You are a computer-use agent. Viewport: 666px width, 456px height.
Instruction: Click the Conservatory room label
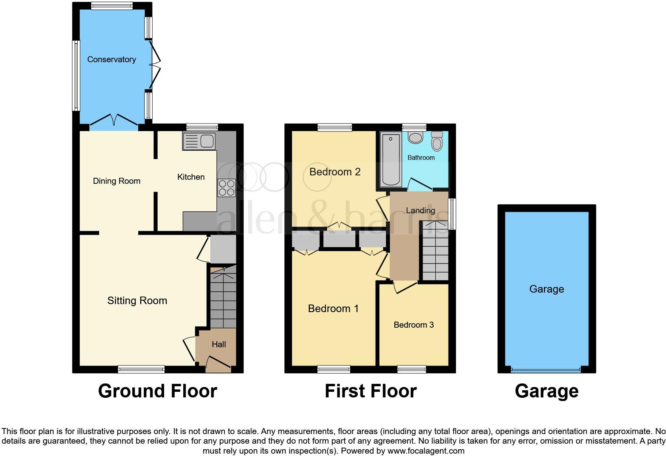[112, 59]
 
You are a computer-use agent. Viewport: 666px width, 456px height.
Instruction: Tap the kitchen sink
[199, 142]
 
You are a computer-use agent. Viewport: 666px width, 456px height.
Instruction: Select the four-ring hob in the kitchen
[226, 188]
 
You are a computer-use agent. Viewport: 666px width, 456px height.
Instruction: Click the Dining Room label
[116, 181]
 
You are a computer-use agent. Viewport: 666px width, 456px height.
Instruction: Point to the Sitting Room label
[137, 301]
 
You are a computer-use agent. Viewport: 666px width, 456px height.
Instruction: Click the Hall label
[219, 344]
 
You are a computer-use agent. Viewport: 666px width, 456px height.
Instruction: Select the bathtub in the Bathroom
[390, 159]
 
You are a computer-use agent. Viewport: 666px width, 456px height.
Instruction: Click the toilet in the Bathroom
[437, 141]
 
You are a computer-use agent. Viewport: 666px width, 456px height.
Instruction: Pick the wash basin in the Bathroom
[415, 138]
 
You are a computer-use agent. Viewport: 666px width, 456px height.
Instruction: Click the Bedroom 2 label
[335, 172]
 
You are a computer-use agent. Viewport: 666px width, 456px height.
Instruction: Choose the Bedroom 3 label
[413, 325]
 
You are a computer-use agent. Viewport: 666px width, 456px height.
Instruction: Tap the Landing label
[420, 210]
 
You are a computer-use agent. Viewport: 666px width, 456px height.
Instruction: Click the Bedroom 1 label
[333, 309]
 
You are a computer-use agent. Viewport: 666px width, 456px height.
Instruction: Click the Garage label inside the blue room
[547, 289]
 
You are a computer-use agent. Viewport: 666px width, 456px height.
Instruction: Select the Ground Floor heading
[157, 391]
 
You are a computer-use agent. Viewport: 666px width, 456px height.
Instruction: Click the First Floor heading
[370, 391]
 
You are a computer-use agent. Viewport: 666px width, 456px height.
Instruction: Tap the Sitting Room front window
[141, 370]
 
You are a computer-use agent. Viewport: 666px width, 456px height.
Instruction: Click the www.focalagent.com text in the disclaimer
[425, 451]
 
